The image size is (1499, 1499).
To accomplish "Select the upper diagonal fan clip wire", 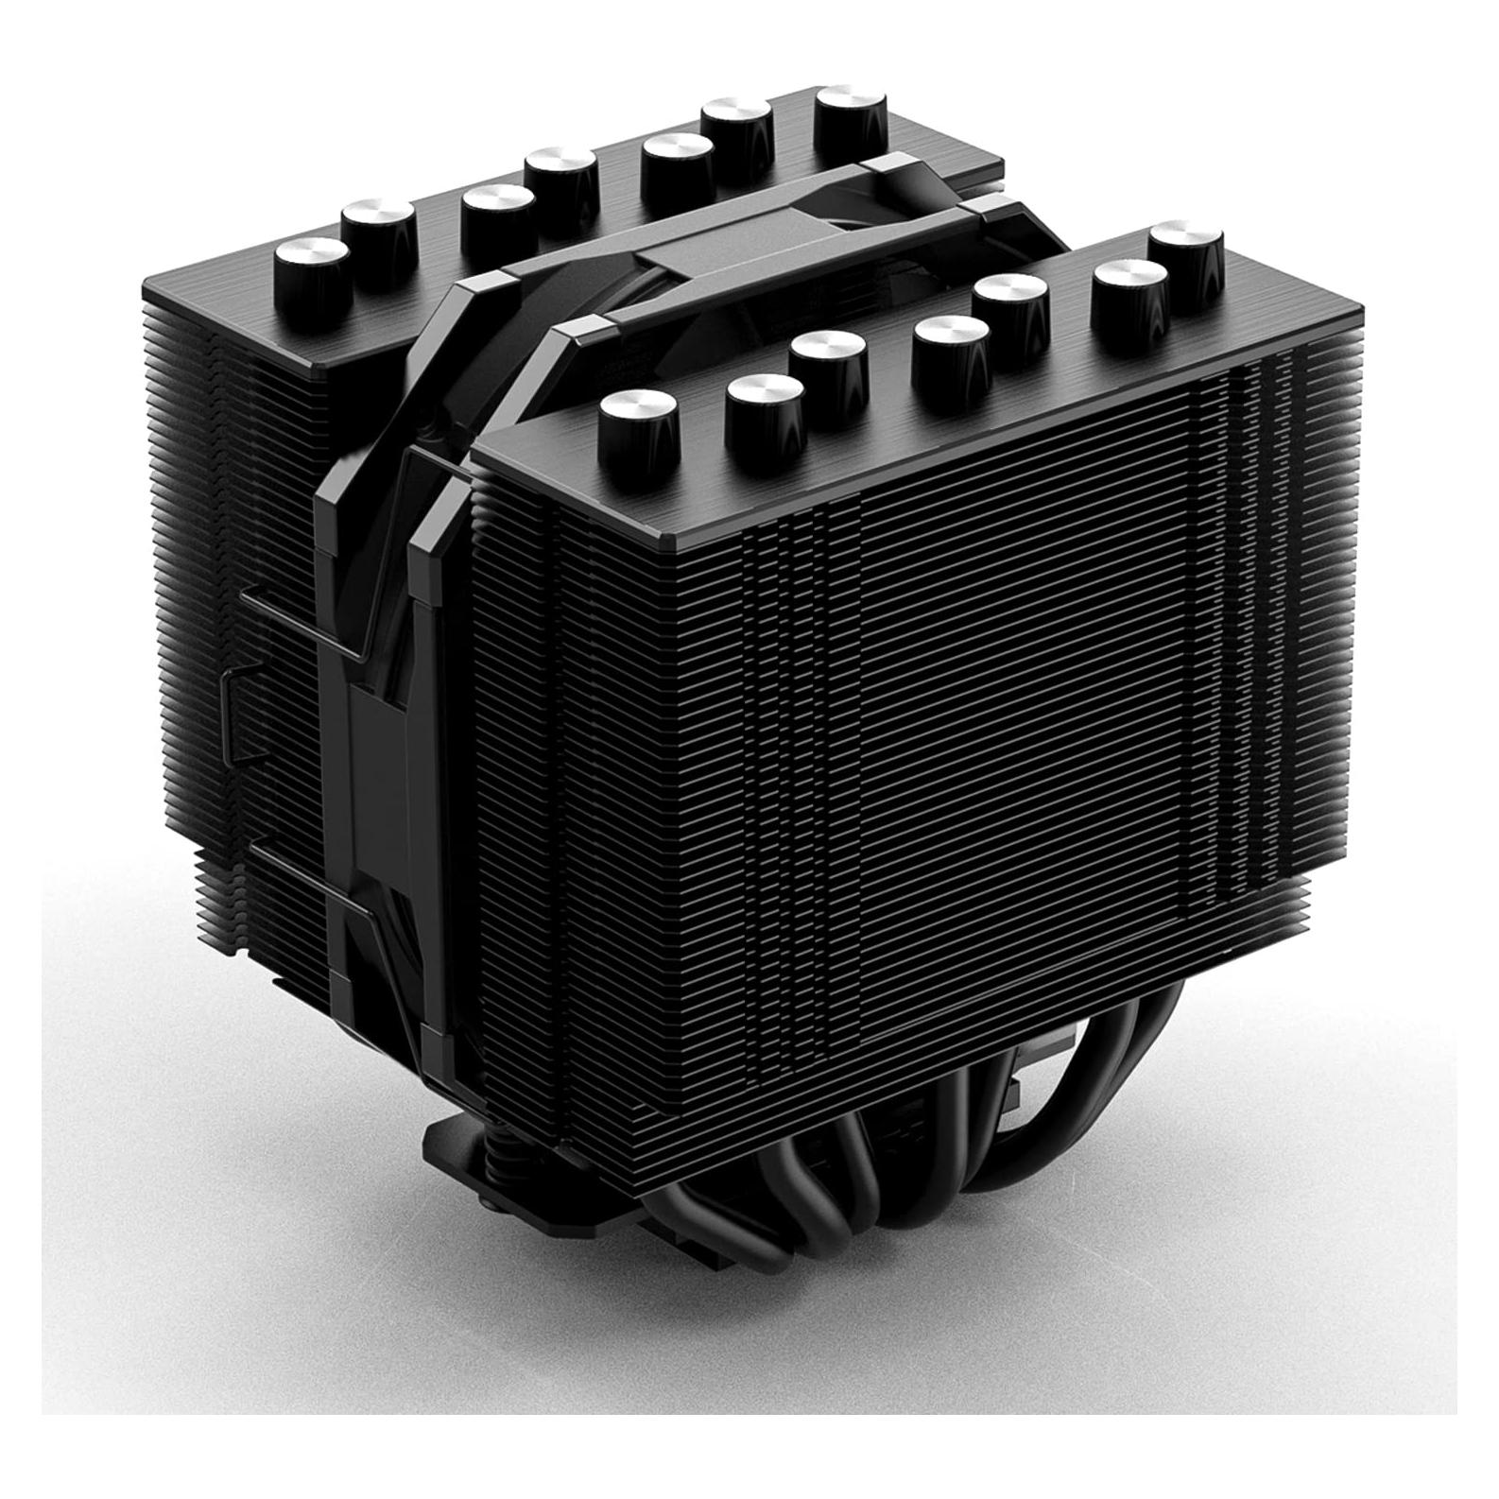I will [312, 624].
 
